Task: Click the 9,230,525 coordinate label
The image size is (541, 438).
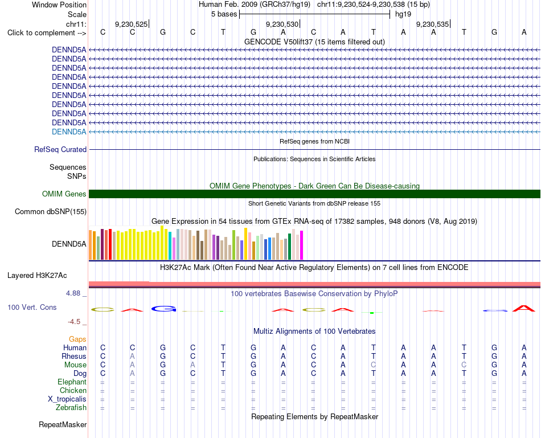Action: (131, 24)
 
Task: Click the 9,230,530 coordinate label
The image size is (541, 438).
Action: (282, 24)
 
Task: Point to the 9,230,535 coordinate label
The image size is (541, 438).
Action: (432, 24)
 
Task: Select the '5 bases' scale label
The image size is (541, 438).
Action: (224, 14)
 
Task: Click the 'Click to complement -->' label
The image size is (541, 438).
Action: (47, 33)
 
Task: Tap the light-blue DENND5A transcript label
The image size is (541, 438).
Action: (69, 132)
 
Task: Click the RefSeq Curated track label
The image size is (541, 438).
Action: (60, 149)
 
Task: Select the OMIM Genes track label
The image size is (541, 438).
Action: (64, 194)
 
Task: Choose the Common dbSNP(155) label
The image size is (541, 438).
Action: (51, 211)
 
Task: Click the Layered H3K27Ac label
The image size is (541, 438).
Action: (37, 276)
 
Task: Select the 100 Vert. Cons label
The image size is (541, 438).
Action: (32, 307)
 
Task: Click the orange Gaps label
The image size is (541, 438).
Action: (77, 339)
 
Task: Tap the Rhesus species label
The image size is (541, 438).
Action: (74, 356)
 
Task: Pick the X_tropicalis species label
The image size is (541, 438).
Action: (67, 399)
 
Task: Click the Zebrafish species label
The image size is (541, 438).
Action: (71, 408)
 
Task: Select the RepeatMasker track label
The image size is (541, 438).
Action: (63, 424)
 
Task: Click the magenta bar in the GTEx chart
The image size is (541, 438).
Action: (302, 245)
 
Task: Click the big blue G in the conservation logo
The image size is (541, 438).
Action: (164, 309)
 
